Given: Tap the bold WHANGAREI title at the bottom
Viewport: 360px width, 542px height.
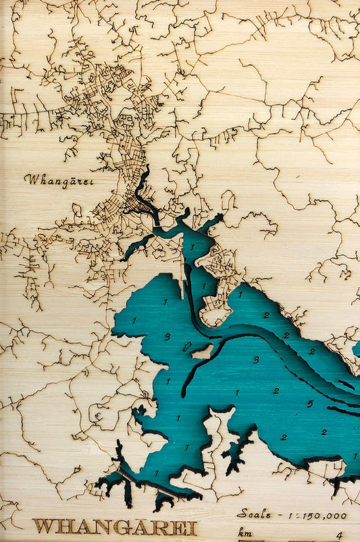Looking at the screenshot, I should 114,526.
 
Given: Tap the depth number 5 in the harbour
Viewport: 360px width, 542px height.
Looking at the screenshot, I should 309,404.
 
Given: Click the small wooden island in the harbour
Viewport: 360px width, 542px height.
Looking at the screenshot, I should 201,351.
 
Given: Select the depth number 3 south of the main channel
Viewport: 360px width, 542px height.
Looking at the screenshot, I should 255,360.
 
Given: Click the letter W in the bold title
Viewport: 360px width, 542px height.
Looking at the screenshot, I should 43,526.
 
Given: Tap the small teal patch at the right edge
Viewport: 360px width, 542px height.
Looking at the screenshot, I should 356,348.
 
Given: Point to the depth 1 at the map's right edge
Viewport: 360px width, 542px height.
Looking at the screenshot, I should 355,456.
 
